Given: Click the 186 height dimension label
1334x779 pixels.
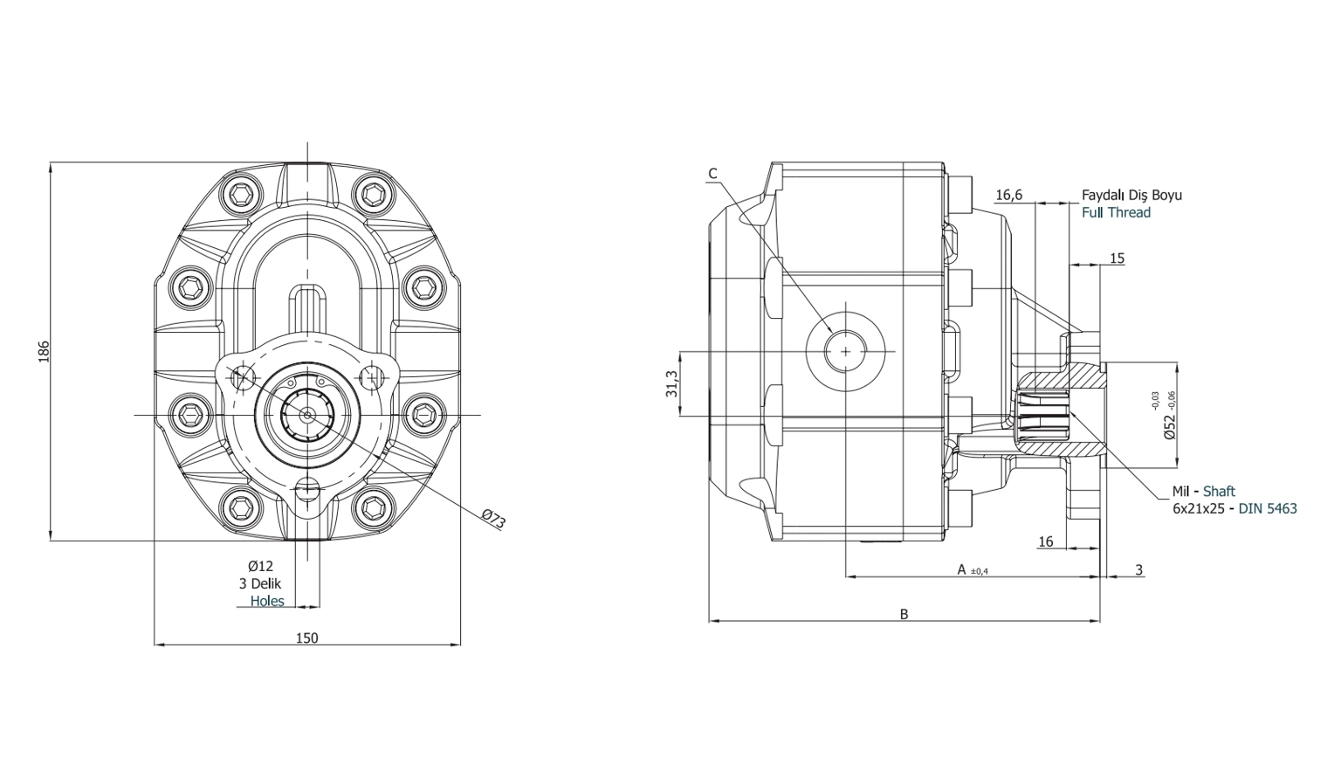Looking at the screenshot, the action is coord(44,351).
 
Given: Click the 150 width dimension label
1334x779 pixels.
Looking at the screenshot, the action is coord(307,638).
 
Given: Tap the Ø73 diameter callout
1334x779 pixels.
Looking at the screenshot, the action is coord(493,519).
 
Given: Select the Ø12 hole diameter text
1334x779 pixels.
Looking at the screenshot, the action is coord(260,566).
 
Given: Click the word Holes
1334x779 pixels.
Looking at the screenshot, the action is coord(267,601).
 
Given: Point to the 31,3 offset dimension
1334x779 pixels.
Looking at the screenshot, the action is coord(671,383).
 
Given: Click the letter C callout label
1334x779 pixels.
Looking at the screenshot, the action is coord(713,174).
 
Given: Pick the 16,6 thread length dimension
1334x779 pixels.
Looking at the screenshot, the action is coord(1008,195).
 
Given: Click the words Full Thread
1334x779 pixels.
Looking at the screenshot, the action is coord(1116,212).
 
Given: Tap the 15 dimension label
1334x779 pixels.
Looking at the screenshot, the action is coord(1117,258).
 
